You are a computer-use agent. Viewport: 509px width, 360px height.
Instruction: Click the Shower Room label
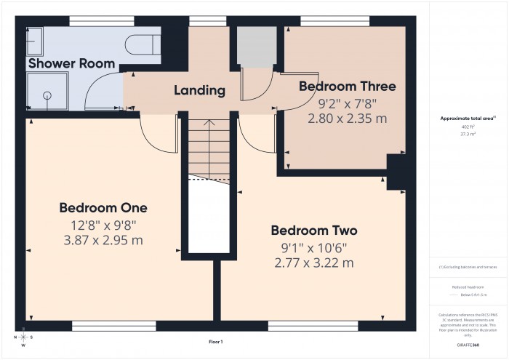coord(71,63)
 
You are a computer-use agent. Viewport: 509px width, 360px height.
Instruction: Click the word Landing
coord(199,91)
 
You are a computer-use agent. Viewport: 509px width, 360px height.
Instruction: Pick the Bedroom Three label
coord(348,87)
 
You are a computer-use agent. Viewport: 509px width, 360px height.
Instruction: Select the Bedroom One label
coord(108,208)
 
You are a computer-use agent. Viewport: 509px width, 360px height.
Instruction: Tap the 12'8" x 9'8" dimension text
coord(108,225)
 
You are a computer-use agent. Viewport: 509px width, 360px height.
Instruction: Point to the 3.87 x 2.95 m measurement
coord(108,241)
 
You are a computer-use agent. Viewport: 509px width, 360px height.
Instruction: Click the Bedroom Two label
coord(314,231)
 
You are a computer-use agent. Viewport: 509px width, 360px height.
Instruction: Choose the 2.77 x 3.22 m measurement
coord(314,263)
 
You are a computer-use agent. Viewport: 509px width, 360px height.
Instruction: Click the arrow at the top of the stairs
coord(209,124)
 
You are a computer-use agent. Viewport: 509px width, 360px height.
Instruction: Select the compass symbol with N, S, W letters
coord(24,338)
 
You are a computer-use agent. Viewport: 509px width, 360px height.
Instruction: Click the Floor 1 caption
coord(216,342)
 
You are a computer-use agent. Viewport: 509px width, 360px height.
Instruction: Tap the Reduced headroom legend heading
coord(468,287)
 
